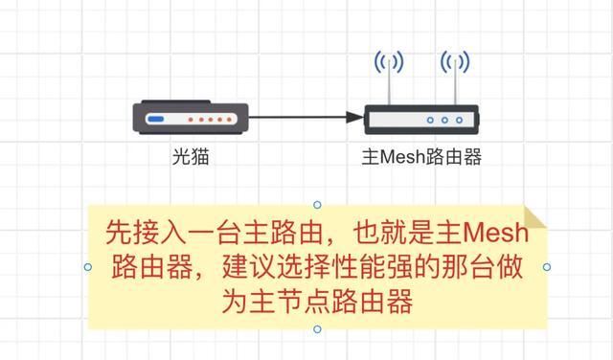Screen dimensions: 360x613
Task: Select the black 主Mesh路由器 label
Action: (x=421, y=155)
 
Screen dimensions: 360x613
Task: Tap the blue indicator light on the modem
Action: (x=156, y=120)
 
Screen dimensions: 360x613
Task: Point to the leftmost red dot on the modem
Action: (x=190, y=120)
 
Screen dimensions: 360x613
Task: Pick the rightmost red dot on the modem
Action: (x=230, y=120)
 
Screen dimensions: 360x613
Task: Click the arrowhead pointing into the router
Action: (x=353, y=118)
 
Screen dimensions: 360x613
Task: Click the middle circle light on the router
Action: (x=444, y=121)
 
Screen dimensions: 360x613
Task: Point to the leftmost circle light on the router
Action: (x=430, y=121)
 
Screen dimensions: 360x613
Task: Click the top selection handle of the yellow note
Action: (x=317, y=205)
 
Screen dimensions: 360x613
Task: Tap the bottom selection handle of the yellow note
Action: (x=317, y=329)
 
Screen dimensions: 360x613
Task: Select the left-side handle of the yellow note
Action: (x=88, y=267)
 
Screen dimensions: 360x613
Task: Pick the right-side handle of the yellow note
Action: (x=547, y=267)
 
